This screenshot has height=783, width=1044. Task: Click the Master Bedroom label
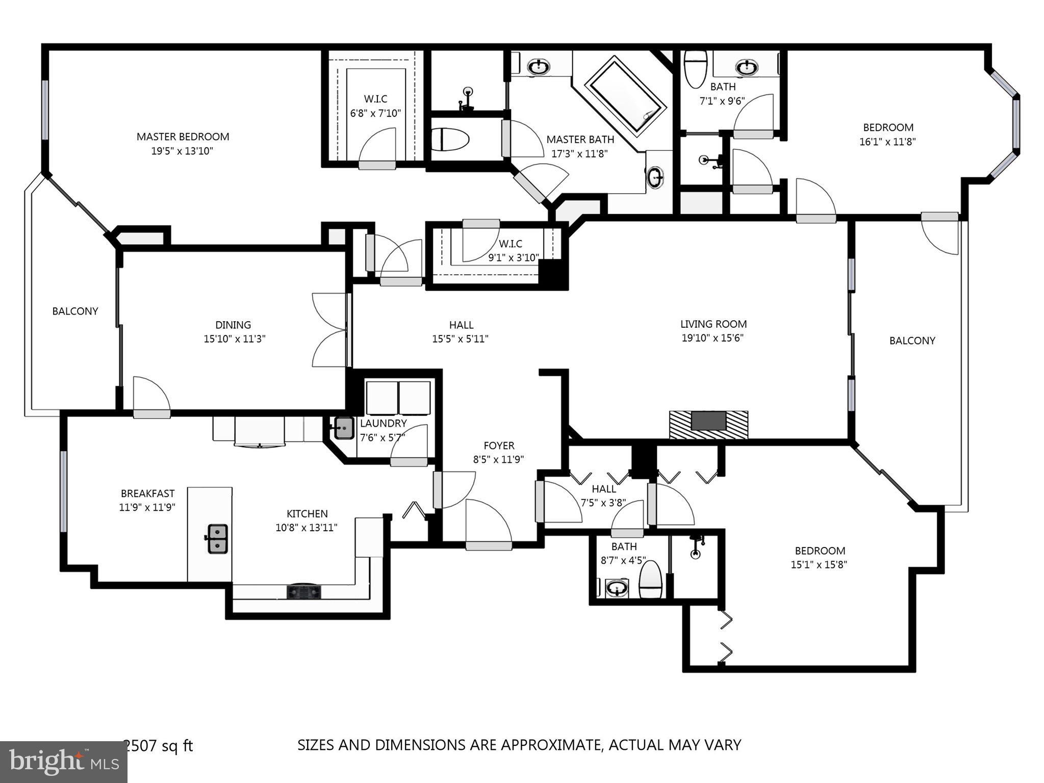point(183,137)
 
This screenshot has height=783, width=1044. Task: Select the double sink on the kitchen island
point(217,539)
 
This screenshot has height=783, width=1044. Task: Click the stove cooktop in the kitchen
point(304,591)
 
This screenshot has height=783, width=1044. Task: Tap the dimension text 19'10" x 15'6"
point(712,337)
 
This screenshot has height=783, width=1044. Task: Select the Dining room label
point(233,325)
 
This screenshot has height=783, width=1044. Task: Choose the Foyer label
point(499,446)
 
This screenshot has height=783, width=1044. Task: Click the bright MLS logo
point(64,762)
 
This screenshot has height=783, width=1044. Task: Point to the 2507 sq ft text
point(159,746)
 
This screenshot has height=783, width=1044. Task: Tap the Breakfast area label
point(147,493)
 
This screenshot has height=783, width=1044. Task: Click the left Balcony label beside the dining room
point(75,311)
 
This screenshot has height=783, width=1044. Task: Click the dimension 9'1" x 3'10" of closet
point(513,257)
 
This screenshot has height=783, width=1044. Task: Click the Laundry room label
point(383,423)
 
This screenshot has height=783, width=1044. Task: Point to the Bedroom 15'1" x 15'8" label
point(820,551)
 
